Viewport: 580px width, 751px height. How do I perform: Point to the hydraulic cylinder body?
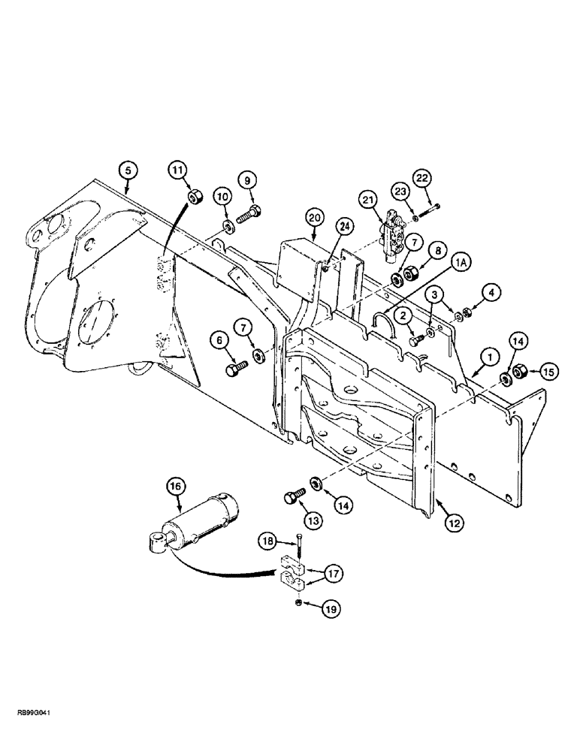(x=204, y=523)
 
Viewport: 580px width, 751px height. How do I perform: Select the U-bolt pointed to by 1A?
(x=382, y=324)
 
